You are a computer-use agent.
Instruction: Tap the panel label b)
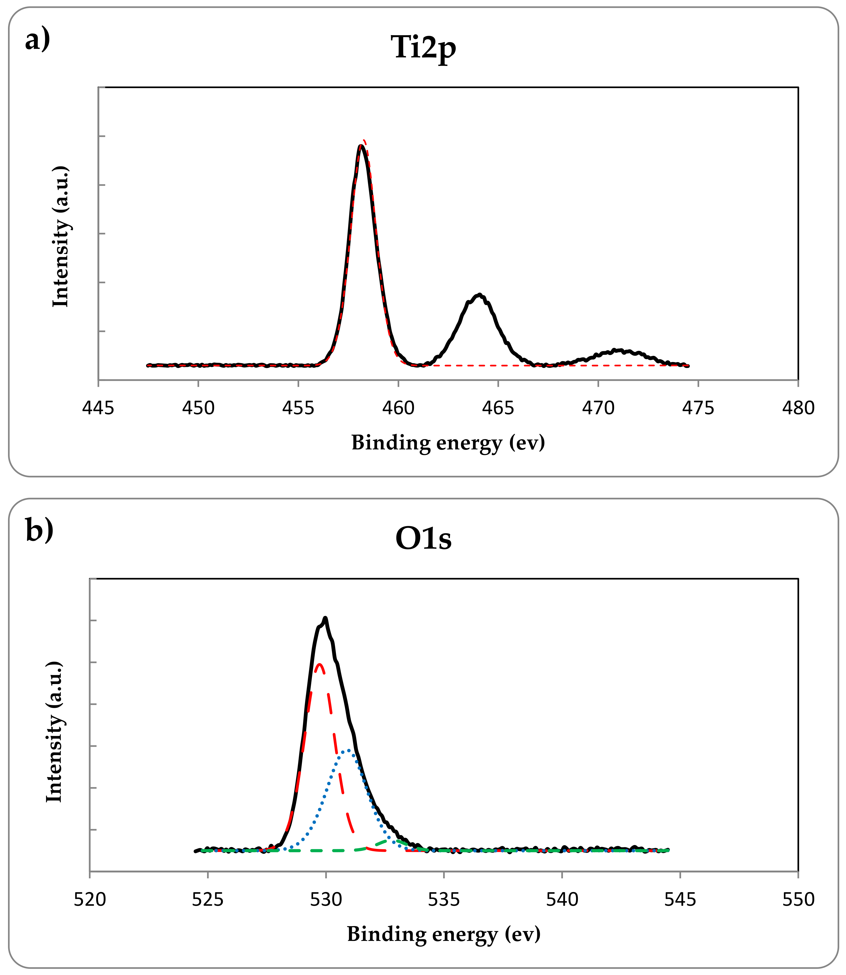(39, 531)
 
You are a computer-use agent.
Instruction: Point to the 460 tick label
(398, 408)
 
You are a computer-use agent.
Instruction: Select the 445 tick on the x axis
(98, 408)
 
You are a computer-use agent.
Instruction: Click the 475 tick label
(698, 408)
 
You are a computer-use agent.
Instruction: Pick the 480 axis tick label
(798, 408)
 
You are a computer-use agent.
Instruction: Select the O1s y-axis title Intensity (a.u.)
(54, 732)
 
